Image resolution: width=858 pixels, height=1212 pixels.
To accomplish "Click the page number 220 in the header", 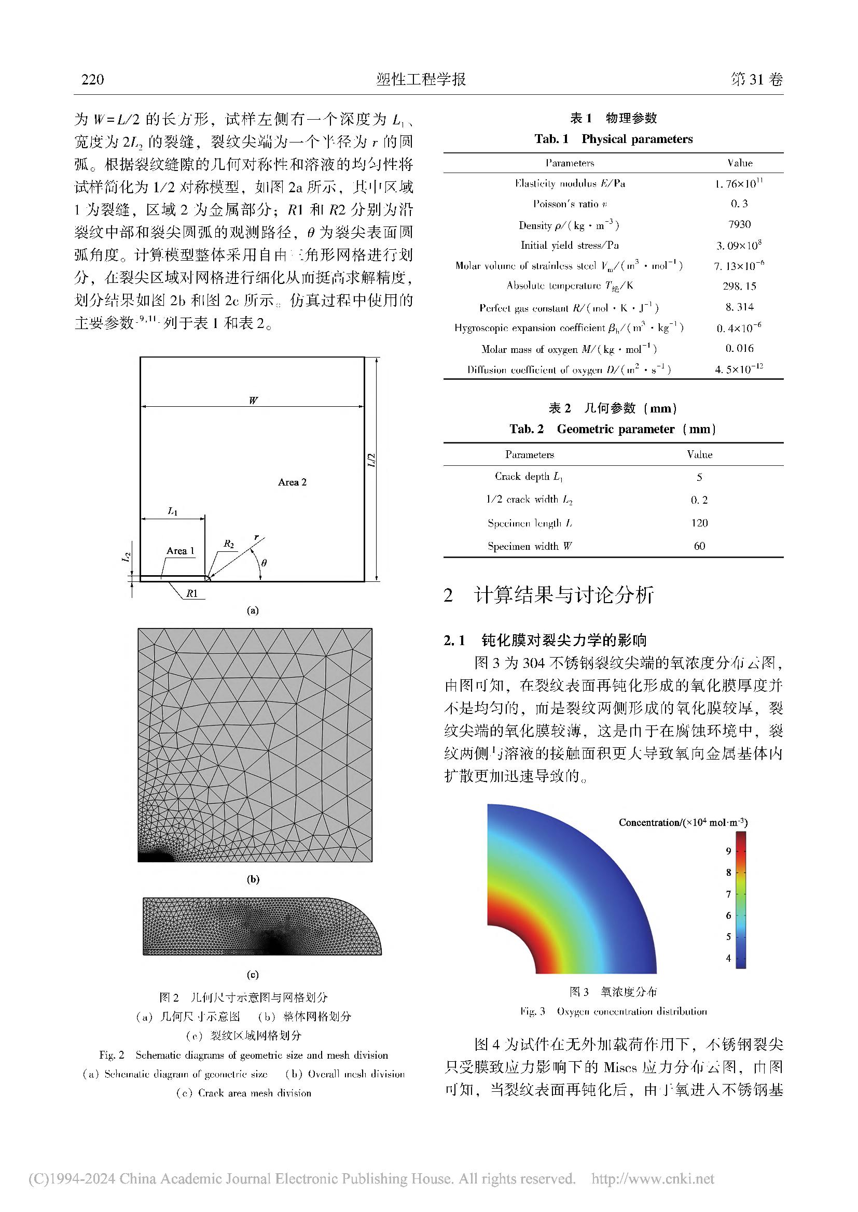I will [x=93, y=79].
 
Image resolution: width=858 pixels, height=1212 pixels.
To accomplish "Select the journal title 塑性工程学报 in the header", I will [x=421, y=79].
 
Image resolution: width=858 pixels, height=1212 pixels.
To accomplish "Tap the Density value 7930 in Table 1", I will [x=739, y=224].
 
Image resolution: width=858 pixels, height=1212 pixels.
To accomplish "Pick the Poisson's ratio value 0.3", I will [x=739, y=204].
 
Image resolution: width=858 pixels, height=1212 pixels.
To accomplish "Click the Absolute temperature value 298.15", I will [x=739, y=286].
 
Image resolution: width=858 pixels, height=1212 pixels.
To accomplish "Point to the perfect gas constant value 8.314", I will [x=739, y=307].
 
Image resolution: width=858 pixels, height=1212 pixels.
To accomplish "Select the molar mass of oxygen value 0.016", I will [x=739, y=348].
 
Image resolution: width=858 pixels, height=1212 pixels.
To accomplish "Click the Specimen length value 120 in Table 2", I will [x=699, y=523].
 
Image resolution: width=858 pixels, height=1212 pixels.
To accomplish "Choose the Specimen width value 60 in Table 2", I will [x=699, y=546].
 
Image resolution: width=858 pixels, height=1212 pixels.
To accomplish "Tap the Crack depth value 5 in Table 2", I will [x=699, y=477].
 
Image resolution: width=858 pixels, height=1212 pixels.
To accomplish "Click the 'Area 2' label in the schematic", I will [x=292, y=482].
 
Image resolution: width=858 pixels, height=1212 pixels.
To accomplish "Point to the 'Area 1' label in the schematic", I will [x=180, y=551].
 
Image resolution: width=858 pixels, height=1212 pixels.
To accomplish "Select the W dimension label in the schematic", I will [x=253, y=400].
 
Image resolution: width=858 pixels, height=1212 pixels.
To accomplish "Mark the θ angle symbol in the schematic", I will [x=264, y=563].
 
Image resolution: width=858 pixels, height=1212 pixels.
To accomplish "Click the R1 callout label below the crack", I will [x=191, y=593].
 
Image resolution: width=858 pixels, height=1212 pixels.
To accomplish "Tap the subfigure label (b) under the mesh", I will [x=253, y=879].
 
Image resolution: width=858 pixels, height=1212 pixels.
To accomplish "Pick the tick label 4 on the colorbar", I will [x=728, y=958].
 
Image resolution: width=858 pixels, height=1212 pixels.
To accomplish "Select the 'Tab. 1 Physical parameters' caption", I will [x=613, y=139].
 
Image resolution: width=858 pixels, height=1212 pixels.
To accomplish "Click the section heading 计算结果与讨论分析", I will [x=564, y=595].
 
